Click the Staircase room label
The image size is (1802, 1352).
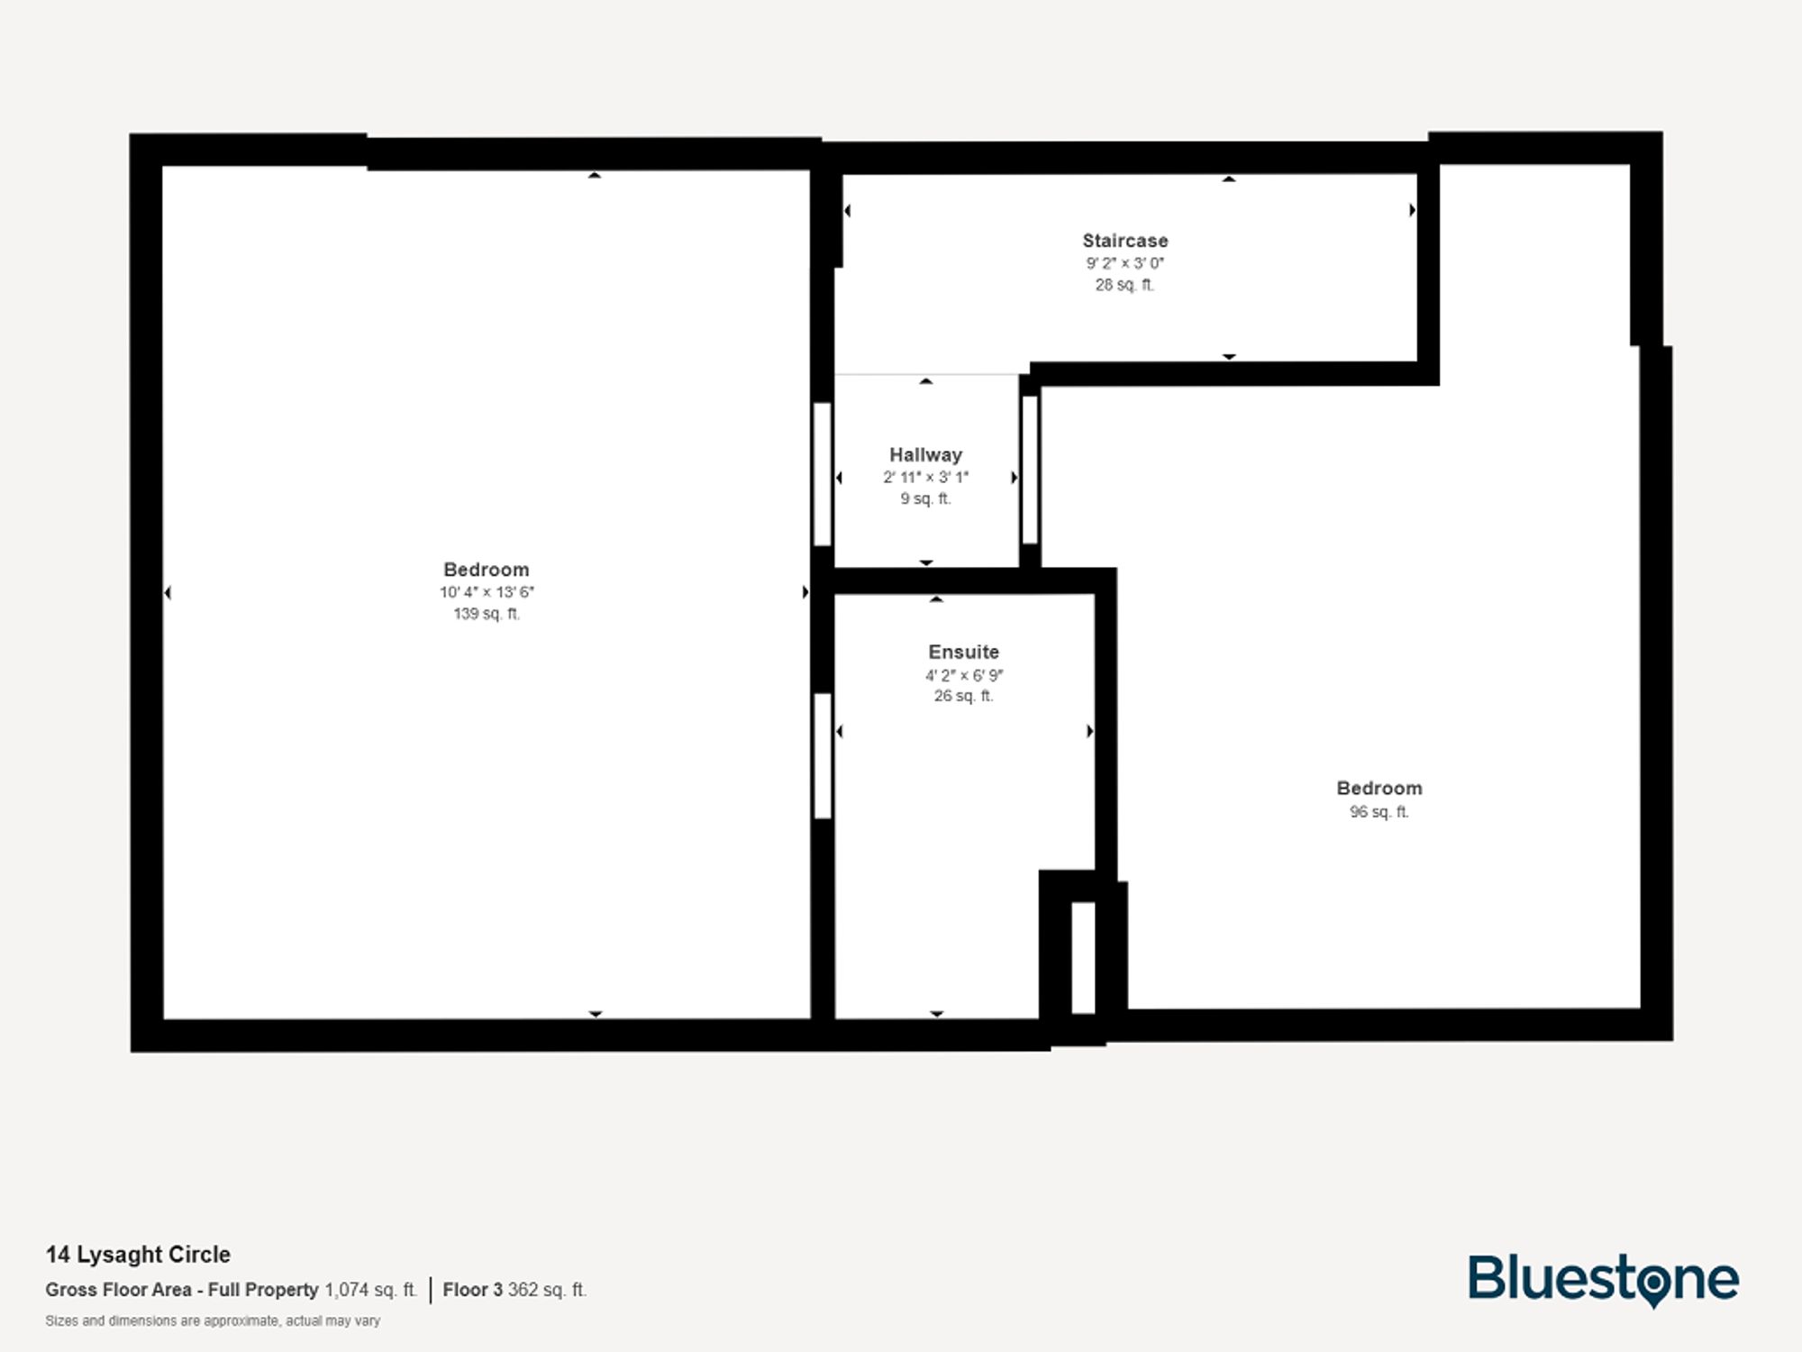[x=1124, y=241]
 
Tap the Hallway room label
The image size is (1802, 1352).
[x=925, y=455]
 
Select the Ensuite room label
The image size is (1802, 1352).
[x=963, y=652]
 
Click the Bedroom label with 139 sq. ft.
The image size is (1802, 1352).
[x=486, y=570]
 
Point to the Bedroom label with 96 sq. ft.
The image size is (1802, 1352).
[x=1379, y=789]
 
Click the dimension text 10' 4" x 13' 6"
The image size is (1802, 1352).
[x=487, y=592]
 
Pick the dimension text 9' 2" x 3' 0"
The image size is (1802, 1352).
[x=1124, y=263]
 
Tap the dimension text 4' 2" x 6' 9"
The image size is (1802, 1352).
[x=963, y=675]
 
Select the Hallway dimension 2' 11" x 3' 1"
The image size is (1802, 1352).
[x=925, y=478]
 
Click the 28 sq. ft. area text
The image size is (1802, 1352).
[x=1124, y=285]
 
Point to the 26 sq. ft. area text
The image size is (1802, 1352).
[x=963, y=696]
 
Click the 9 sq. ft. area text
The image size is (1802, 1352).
[x=925, y=498]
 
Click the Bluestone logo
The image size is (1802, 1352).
[x=1603, y=1280]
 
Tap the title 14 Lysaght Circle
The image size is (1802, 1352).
[x=138, y=1255]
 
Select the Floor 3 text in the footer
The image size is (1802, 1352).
[x=472, y=1290]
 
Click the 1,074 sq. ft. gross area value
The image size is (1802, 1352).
[x=370, y=1290]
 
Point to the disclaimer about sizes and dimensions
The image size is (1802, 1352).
[x=213, y=1321]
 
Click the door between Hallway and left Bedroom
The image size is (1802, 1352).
[x=822, y=474]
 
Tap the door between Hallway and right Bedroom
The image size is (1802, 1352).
[x=1030, y=470]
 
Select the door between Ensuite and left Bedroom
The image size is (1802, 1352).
[x=822, y=755]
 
